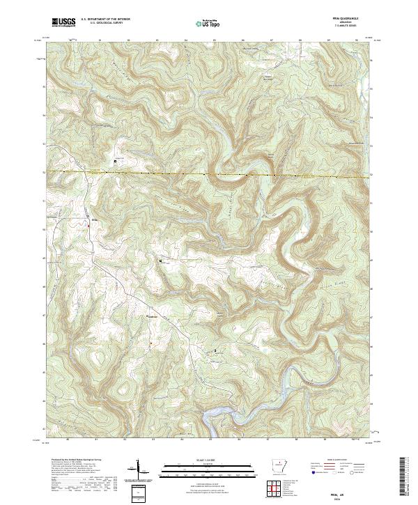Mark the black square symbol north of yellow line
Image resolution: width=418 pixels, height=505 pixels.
pos(116,162)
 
